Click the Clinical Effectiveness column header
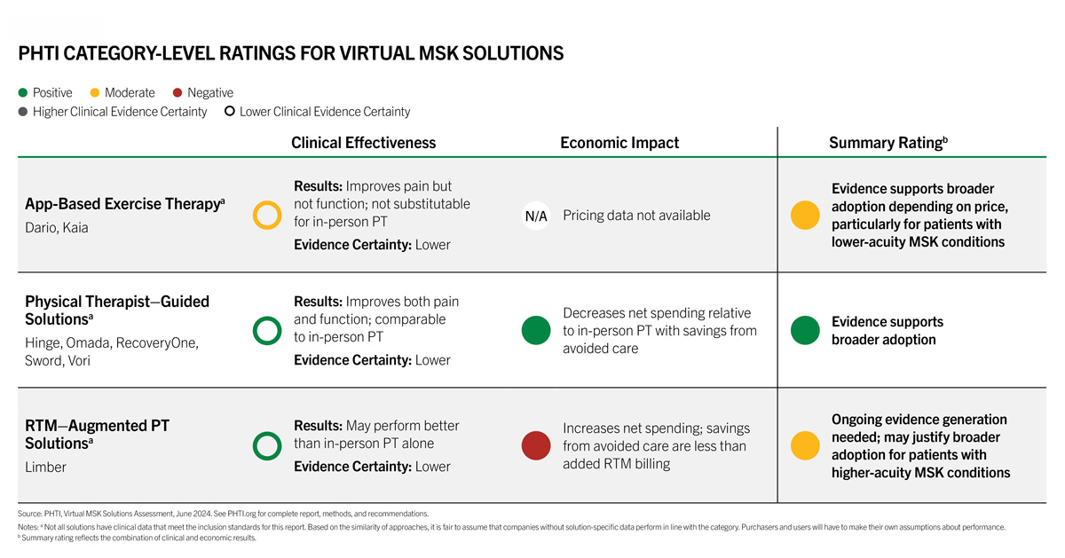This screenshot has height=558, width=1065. [363, 143]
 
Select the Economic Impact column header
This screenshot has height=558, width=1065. [619, 143]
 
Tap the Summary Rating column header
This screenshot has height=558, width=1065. [888, 143]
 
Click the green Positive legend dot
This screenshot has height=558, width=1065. [23, 92]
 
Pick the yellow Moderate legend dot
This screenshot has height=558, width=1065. [95, 92]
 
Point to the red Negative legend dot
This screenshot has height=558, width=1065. [177, 92]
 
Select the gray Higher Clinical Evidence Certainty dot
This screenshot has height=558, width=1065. [23, 112]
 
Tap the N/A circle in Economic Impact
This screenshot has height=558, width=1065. [536, 216]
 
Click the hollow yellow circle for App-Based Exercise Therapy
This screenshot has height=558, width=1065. [254, 216]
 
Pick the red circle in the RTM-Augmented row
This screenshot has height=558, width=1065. [536, 446]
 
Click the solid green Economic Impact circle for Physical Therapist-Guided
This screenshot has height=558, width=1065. [536, 330]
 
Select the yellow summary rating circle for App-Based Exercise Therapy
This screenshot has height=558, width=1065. [805, 216]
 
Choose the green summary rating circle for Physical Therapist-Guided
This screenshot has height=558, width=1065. [805, 330]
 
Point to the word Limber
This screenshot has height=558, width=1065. [45, 467]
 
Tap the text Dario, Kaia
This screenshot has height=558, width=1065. [57, 228]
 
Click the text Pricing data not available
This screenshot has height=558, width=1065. [636, 216]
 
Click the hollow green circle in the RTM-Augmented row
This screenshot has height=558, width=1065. [254, 446]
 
